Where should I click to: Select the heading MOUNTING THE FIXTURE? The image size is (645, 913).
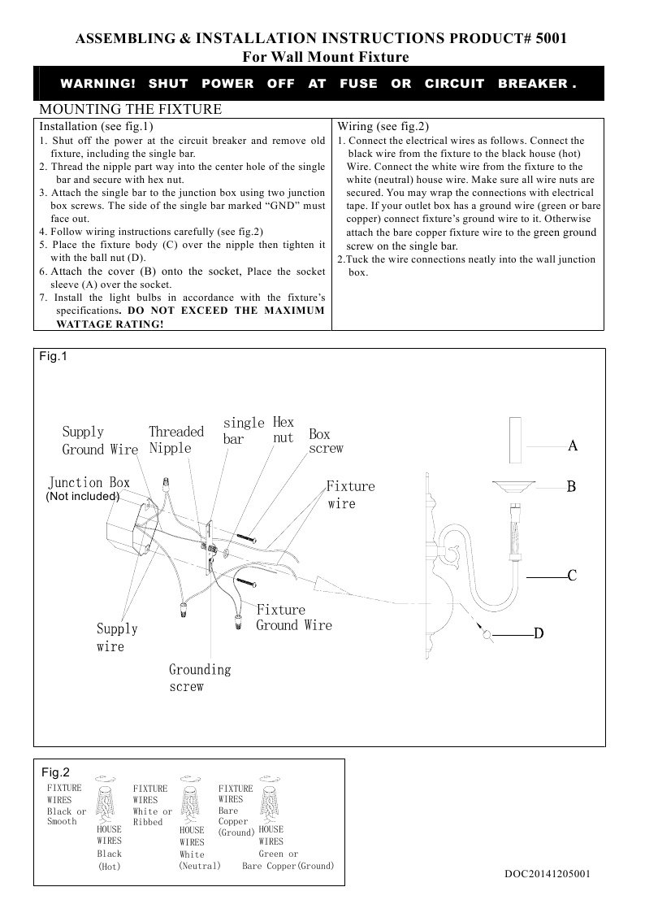[x=130, y=110]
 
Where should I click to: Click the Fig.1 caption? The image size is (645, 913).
[x=54, y=356]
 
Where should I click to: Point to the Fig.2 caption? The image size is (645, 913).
[x=55, y=772]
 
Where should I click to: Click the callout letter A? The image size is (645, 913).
[x=572, y=446]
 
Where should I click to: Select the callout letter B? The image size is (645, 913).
[x=571, y=487]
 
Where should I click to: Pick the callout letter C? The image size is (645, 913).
[x=572, y=576]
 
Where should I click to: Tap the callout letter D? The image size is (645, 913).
[x=538, y=633]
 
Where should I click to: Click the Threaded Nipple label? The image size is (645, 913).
[x=175, y=440]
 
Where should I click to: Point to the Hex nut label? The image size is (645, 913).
[x=284, y=430]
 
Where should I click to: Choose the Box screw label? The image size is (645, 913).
[x=326, y=441]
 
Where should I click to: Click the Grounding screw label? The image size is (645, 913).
[x=200, y=678]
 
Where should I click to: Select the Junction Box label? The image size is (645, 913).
[x=89, y=483]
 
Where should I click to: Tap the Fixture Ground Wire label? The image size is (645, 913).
[x=294, y=618]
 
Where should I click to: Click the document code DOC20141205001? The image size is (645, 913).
[x=547, y=874]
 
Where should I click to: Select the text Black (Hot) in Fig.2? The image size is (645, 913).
[x=109, y=860]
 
